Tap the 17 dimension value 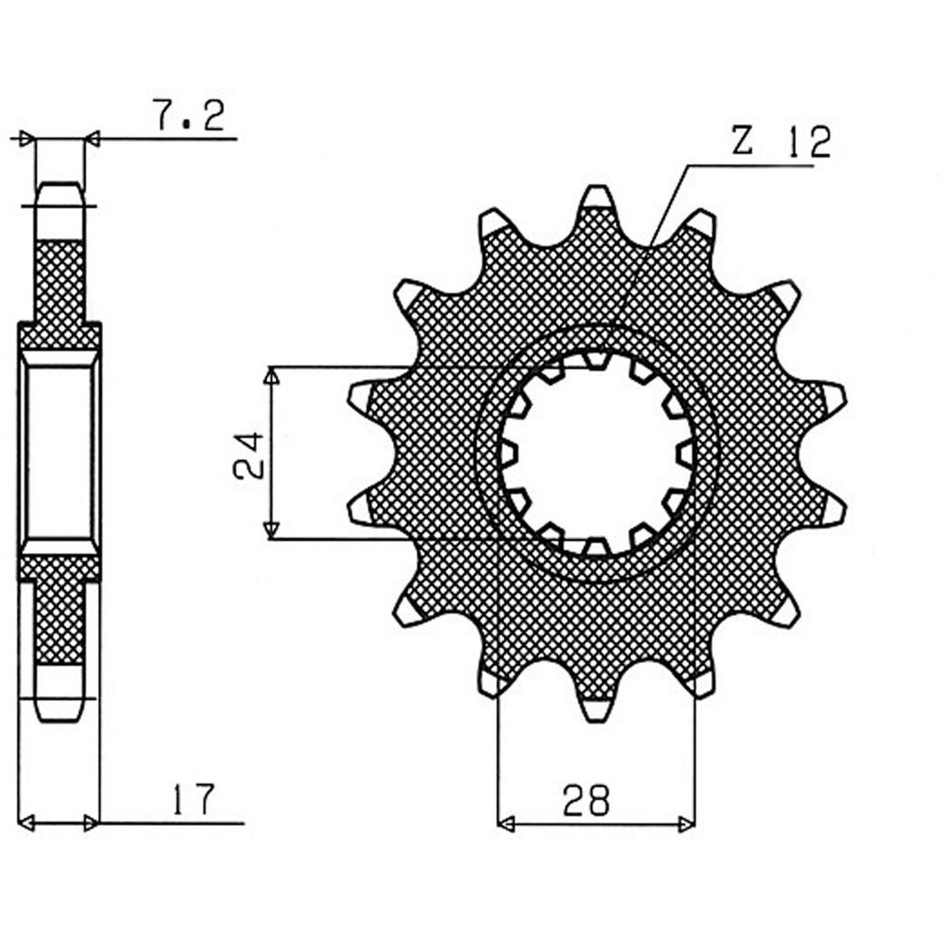[194, 799]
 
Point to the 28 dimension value [585, 800]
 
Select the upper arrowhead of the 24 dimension [271, 376]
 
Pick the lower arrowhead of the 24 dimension [271, 529]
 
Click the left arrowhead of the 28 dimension [506, 824]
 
